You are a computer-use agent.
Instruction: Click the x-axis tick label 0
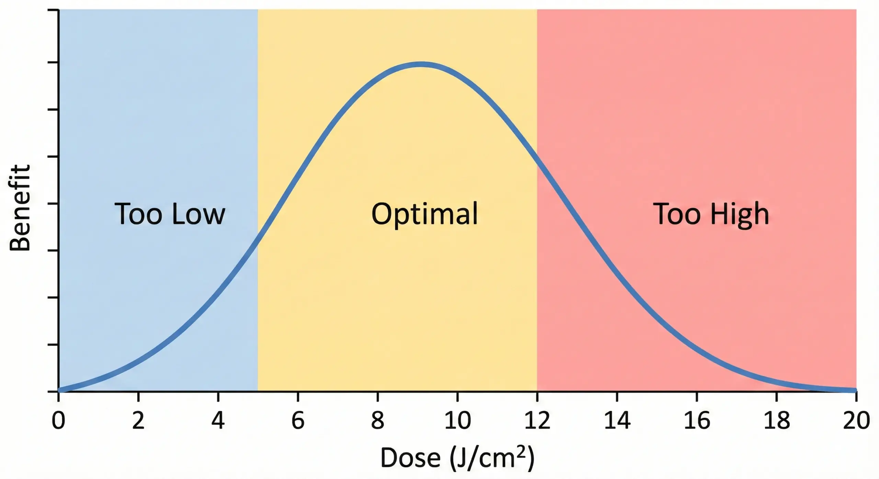[58, 421]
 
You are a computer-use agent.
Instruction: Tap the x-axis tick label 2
[138, 421]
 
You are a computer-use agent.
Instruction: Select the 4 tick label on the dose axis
[218, 421]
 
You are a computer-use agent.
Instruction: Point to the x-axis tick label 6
[298, 421]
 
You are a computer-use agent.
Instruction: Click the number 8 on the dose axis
[378, 421]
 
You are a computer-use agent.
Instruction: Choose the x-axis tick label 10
[457, 421]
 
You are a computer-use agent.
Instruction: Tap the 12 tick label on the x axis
[537, 421]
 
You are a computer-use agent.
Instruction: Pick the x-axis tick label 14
[617, 421]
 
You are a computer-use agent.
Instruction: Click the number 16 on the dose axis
[697, 421]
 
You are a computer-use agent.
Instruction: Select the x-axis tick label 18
[777, 421]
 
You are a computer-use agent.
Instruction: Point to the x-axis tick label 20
[856, 421]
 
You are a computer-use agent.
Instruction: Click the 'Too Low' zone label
[170, 214]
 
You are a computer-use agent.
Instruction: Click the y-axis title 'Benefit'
[20, 208]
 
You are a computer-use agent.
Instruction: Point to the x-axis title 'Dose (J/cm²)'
[457, 458]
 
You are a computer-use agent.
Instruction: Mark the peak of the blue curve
[421, 65]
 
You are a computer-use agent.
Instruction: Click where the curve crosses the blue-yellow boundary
[258, 239]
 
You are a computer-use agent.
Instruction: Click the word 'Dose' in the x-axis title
[410, 458]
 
